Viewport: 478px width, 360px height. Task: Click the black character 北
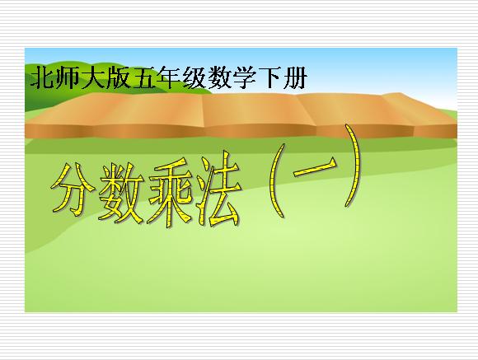point(42,77)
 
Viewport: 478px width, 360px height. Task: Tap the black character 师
point(67,77)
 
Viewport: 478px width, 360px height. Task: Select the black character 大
point(92,77)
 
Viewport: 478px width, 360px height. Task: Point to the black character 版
point(118,77)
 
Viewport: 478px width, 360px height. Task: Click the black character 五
point(143,77)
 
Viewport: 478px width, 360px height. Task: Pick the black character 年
point(169,77)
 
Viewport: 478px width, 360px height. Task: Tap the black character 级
point(194,77)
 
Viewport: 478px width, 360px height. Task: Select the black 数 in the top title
point(219,77)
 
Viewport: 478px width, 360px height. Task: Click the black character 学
point(245,77)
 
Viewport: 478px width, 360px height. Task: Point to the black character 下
point(269,78)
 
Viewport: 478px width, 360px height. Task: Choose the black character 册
point(295,77)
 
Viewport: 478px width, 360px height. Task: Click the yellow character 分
point(73,189)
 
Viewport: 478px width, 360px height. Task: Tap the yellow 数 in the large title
point(121,193)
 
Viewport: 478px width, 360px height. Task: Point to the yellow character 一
point(315,167)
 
